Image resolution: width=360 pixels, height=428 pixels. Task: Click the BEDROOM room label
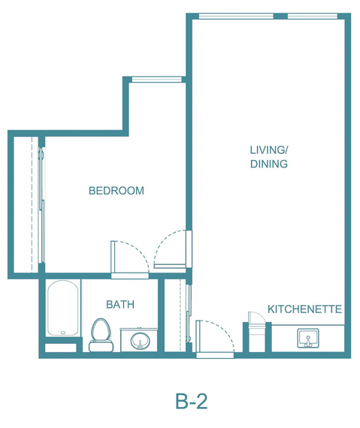[x=116, y=191]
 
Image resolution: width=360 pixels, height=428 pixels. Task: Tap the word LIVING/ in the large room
[x=269, y=150]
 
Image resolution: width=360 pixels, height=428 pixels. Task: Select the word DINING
[x=269, y=164]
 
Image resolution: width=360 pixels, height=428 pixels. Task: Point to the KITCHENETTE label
[x=304, y=309]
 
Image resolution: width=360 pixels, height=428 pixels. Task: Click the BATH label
[x=120, y=304]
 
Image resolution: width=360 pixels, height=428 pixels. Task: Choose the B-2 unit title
[x=192, y=401]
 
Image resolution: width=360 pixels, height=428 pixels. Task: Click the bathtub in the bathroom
[x=63, y=308]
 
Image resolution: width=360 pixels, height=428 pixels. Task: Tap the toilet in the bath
[x=101, y=335]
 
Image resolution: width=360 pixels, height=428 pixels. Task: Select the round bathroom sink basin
[x=140, y=341]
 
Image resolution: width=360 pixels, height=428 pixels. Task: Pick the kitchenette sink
[x=308, y=338]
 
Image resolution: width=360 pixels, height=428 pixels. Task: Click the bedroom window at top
[x=157, y=79]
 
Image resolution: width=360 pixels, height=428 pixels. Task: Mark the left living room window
[x=236, y=16]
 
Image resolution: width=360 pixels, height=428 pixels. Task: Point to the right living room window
[x=313, y=16]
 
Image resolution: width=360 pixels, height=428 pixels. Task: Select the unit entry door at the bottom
[x=215, y=339]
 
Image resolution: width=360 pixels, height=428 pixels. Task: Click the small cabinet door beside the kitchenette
[x=256, y=317]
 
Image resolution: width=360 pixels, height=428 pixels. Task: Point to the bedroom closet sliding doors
[x=42, y=206]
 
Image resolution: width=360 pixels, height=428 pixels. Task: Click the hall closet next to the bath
[x=175, y=315]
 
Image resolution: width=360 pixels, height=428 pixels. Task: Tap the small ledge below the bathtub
[x=60, y=348]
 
